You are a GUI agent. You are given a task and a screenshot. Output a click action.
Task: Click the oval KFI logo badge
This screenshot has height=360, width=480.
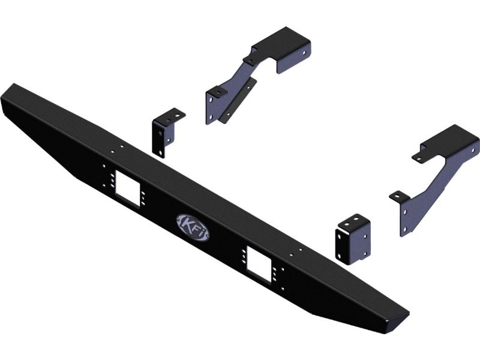[193, 227]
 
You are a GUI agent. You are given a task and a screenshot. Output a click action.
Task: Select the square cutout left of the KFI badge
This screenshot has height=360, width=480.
[128, 188]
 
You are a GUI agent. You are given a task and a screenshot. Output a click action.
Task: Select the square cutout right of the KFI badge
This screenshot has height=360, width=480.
[259, 264]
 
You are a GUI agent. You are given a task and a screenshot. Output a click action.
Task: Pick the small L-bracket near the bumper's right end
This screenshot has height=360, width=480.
[353, 239]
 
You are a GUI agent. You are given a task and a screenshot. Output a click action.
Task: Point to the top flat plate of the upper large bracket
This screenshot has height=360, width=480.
[280, 40]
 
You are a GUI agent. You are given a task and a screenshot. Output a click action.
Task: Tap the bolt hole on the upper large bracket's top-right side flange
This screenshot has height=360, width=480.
[304, 53]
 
